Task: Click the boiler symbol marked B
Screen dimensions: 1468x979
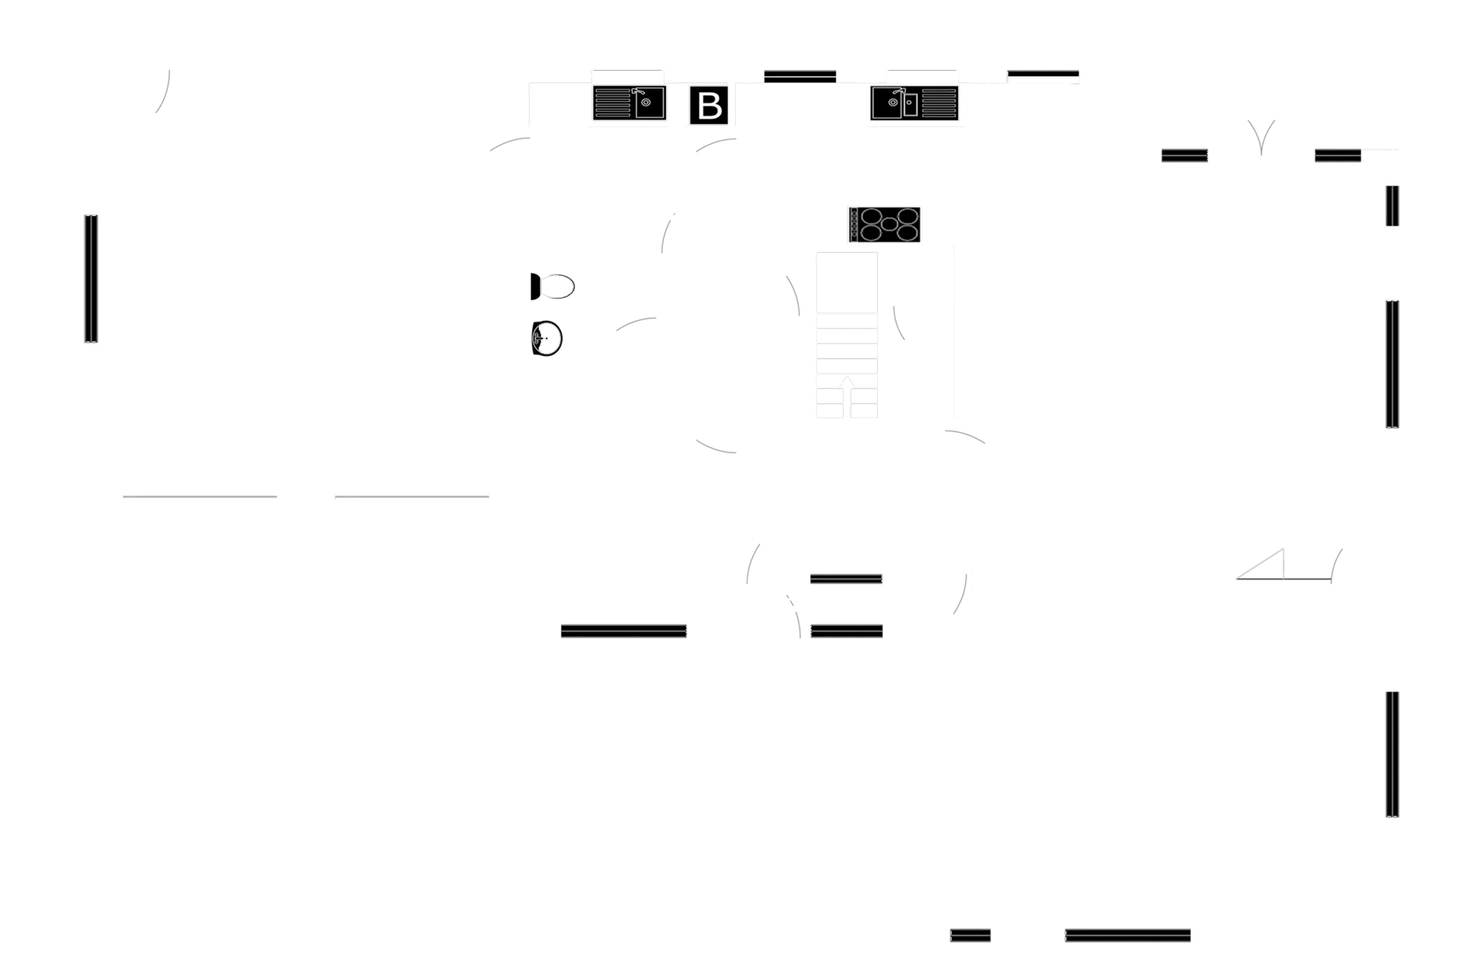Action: click(x=709, y=105)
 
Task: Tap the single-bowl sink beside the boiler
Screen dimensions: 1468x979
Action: click(x=629, y=103)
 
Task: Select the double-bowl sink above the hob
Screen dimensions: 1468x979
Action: click(x=914, y=103)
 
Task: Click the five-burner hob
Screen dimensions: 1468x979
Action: click(x=884, y=224)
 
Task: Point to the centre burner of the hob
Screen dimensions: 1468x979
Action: click(x=889, y=224)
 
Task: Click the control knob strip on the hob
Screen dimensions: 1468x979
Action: click(x=854, y=224)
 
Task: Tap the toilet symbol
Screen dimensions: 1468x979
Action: click(x=552, y=286)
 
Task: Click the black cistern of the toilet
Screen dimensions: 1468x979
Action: click(x=535, y=286)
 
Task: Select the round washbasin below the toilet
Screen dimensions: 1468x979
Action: click(x=547, y=338)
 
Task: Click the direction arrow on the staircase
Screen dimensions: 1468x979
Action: click(x=847, y=382)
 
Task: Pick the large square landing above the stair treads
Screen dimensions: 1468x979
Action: click(x=847, y=283)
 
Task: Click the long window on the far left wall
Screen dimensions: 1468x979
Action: click(x=91, y=278)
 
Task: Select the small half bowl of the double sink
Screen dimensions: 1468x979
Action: click(x=910, y=104)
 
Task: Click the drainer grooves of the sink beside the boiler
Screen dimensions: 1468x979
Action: click(x=612, y=103)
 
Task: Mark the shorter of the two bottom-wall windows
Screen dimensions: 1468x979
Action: click(x=971, y=935)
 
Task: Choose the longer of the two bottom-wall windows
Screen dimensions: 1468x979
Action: click(x=1128, y=935)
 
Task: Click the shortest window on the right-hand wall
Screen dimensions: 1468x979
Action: click(x=1392, y=206)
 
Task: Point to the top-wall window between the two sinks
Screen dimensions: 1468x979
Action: click(x=800, y=76)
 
